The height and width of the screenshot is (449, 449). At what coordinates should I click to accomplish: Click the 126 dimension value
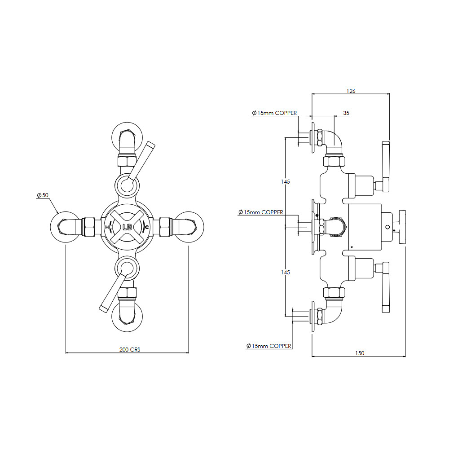(x=351, y=91)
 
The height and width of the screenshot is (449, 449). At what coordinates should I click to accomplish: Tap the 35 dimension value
(x=346, y=113)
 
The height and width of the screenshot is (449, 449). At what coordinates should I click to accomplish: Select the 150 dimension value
(x=360, y=353)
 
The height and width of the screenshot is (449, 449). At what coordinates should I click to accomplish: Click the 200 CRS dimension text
(x=130, y=350)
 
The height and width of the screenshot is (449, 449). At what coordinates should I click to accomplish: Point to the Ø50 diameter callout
(x=43, y=195)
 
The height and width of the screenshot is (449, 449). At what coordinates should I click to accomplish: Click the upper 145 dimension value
(x=286, y=181)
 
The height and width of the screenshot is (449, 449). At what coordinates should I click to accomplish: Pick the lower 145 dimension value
(x=286, y=273)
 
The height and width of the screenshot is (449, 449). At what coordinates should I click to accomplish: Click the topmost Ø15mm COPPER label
(x=274, y=113)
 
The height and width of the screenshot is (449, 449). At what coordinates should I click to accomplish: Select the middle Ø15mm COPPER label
(x=260, y=212)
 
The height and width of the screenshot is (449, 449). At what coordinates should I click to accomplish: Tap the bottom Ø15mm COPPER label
(x=269, y=346)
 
